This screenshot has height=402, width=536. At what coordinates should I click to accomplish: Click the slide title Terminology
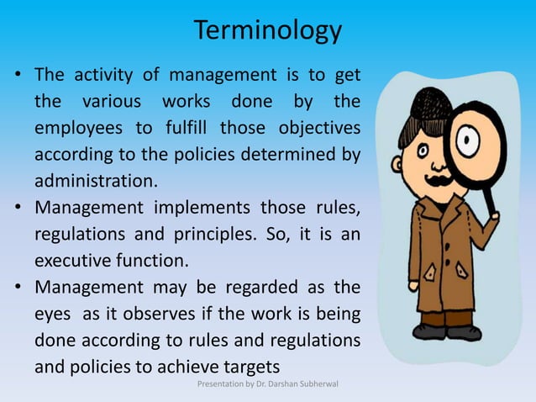coord(268,31)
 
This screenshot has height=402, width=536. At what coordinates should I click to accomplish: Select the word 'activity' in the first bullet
coord(97,76)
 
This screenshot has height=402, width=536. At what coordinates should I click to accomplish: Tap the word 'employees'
coord(73,128)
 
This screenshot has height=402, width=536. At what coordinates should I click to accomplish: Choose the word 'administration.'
coord(95,181)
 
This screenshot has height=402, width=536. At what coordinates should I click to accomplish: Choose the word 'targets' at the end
coord(249,366)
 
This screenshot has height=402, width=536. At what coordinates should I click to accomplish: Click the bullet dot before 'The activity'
coord(17,77)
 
